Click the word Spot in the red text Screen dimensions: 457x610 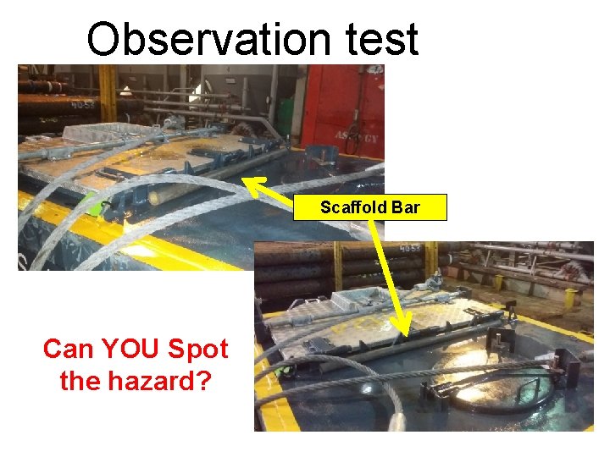[198, 349]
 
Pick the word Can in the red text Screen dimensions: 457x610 [69, 349]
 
